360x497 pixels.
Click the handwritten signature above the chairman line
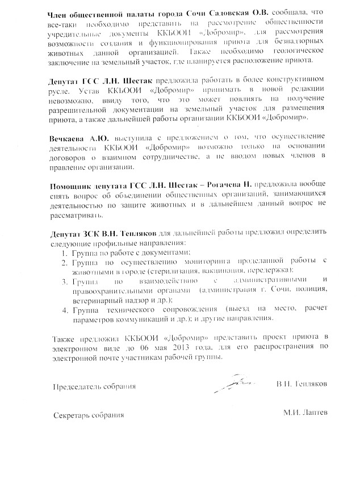(x=236, y=384)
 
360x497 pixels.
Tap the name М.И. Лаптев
(x=305, y=413)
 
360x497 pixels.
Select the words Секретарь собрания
(x=88, y=415)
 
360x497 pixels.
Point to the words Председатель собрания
(x=94, y=387)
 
